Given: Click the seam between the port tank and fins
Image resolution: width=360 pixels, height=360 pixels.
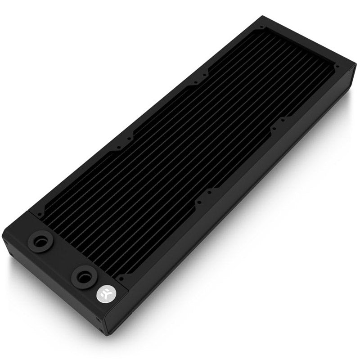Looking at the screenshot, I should coord(79,234).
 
